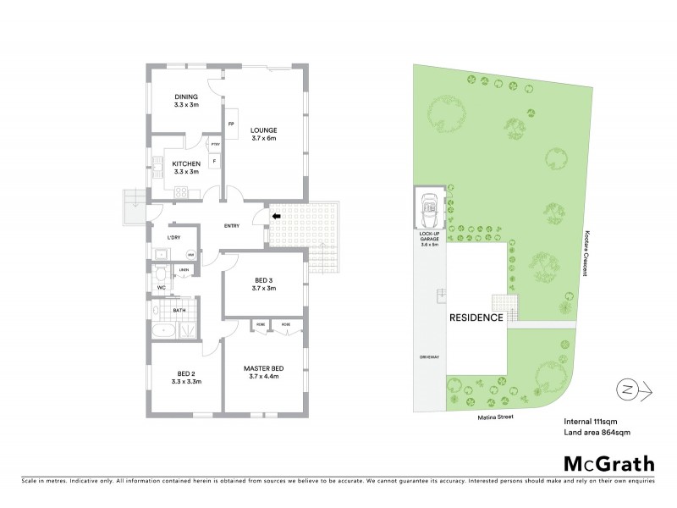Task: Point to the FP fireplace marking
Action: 231,124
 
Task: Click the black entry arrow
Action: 275,218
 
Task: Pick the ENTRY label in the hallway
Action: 234,226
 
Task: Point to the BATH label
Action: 179,311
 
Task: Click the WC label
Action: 161,289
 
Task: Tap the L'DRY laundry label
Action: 173,237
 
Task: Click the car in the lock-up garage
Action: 430,207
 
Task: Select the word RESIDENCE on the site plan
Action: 476,317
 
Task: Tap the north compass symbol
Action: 627,389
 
